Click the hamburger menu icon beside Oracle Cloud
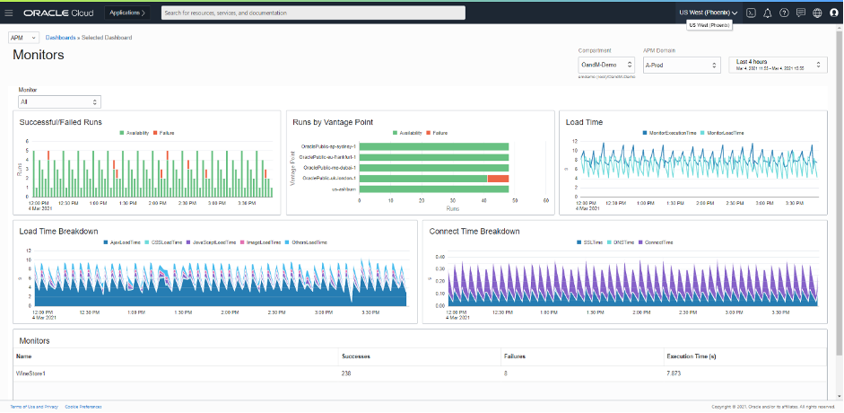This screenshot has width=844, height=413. tap(9, 13)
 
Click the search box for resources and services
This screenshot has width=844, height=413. tap(413, 13)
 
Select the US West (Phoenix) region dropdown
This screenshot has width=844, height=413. tap(708, 13)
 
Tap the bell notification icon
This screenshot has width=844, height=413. tap(769, 13)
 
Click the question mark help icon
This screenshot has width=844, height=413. tap(785, 13)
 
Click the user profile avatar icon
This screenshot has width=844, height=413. tap(833, 13)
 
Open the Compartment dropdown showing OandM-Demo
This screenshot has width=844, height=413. tap(605, 65)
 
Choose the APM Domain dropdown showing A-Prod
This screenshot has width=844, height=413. tap(682, 65)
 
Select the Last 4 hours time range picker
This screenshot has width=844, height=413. tap(777, 65)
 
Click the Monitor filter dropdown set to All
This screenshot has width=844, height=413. tap(59, 102)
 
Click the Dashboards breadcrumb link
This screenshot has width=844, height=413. tap(62, 38)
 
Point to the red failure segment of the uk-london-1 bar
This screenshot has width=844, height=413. tap(498, 179)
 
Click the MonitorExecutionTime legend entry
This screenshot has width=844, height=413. tap(673, 133)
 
